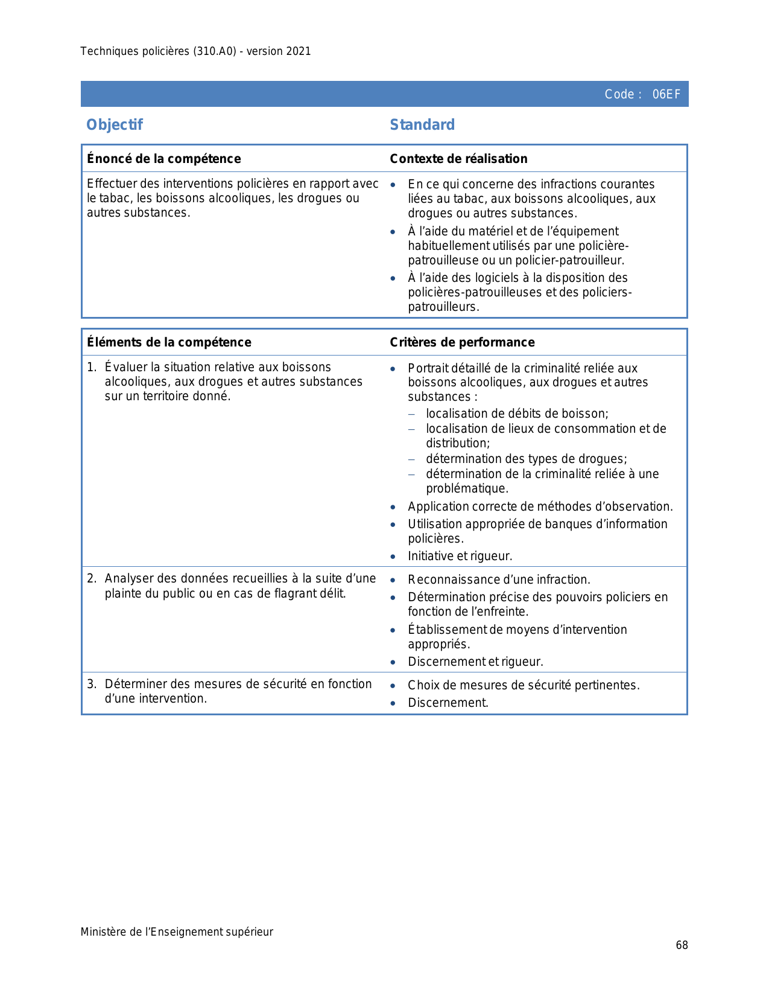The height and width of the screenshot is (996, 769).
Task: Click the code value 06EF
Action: (666, 94)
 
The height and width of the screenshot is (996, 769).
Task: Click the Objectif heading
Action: (115, 125)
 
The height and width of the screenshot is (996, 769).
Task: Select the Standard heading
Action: (422, 125)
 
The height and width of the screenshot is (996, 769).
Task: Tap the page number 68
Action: (682, 945)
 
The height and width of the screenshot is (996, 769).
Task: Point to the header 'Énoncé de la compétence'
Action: (164, 159)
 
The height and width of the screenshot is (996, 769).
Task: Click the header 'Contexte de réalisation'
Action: (458, 159)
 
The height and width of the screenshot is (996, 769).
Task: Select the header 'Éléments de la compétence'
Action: (169, 342)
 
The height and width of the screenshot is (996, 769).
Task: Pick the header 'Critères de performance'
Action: (462, 342)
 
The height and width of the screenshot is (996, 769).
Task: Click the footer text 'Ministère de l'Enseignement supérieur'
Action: (177, 932)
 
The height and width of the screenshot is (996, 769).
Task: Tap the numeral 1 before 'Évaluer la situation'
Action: (90, 368)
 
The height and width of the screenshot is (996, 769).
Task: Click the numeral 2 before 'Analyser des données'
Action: (90, 579)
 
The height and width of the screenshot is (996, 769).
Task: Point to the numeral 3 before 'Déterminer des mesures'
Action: (90, 684)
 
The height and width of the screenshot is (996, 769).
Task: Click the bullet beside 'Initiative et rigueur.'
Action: (393, 557)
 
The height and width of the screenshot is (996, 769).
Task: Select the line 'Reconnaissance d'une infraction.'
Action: (499, 580)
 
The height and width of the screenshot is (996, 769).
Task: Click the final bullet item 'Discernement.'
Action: (448, 703)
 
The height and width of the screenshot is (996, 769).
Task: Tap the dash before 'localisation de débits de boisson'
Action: (412, 414)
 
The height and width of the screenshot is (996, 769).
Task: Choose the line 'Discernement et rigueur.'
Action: (475, 662)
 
